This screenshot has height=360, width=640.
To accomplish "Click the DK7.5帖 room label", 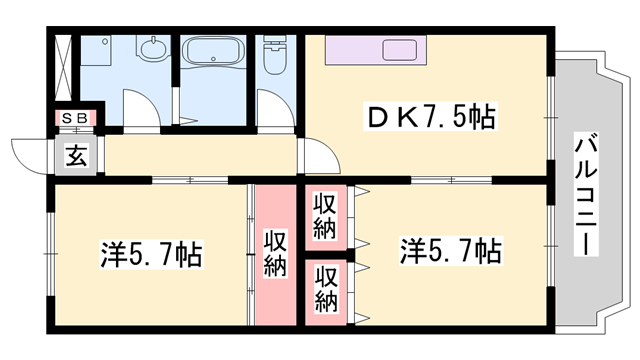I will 432,119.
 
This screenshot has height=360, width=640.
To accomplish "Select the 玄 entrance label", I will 76,156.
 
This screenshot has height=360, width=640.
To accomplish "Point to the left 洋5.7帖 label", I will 150,254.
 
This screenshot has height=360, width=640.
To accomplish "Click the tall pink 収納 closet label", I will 276,253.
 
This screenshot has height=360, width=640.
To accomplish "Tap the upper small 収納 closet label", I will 325,212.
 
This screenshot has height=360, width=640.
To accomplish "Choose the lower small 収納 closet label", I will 325,288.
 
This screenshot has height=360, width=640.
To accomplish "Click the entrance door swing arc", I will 28,155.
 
